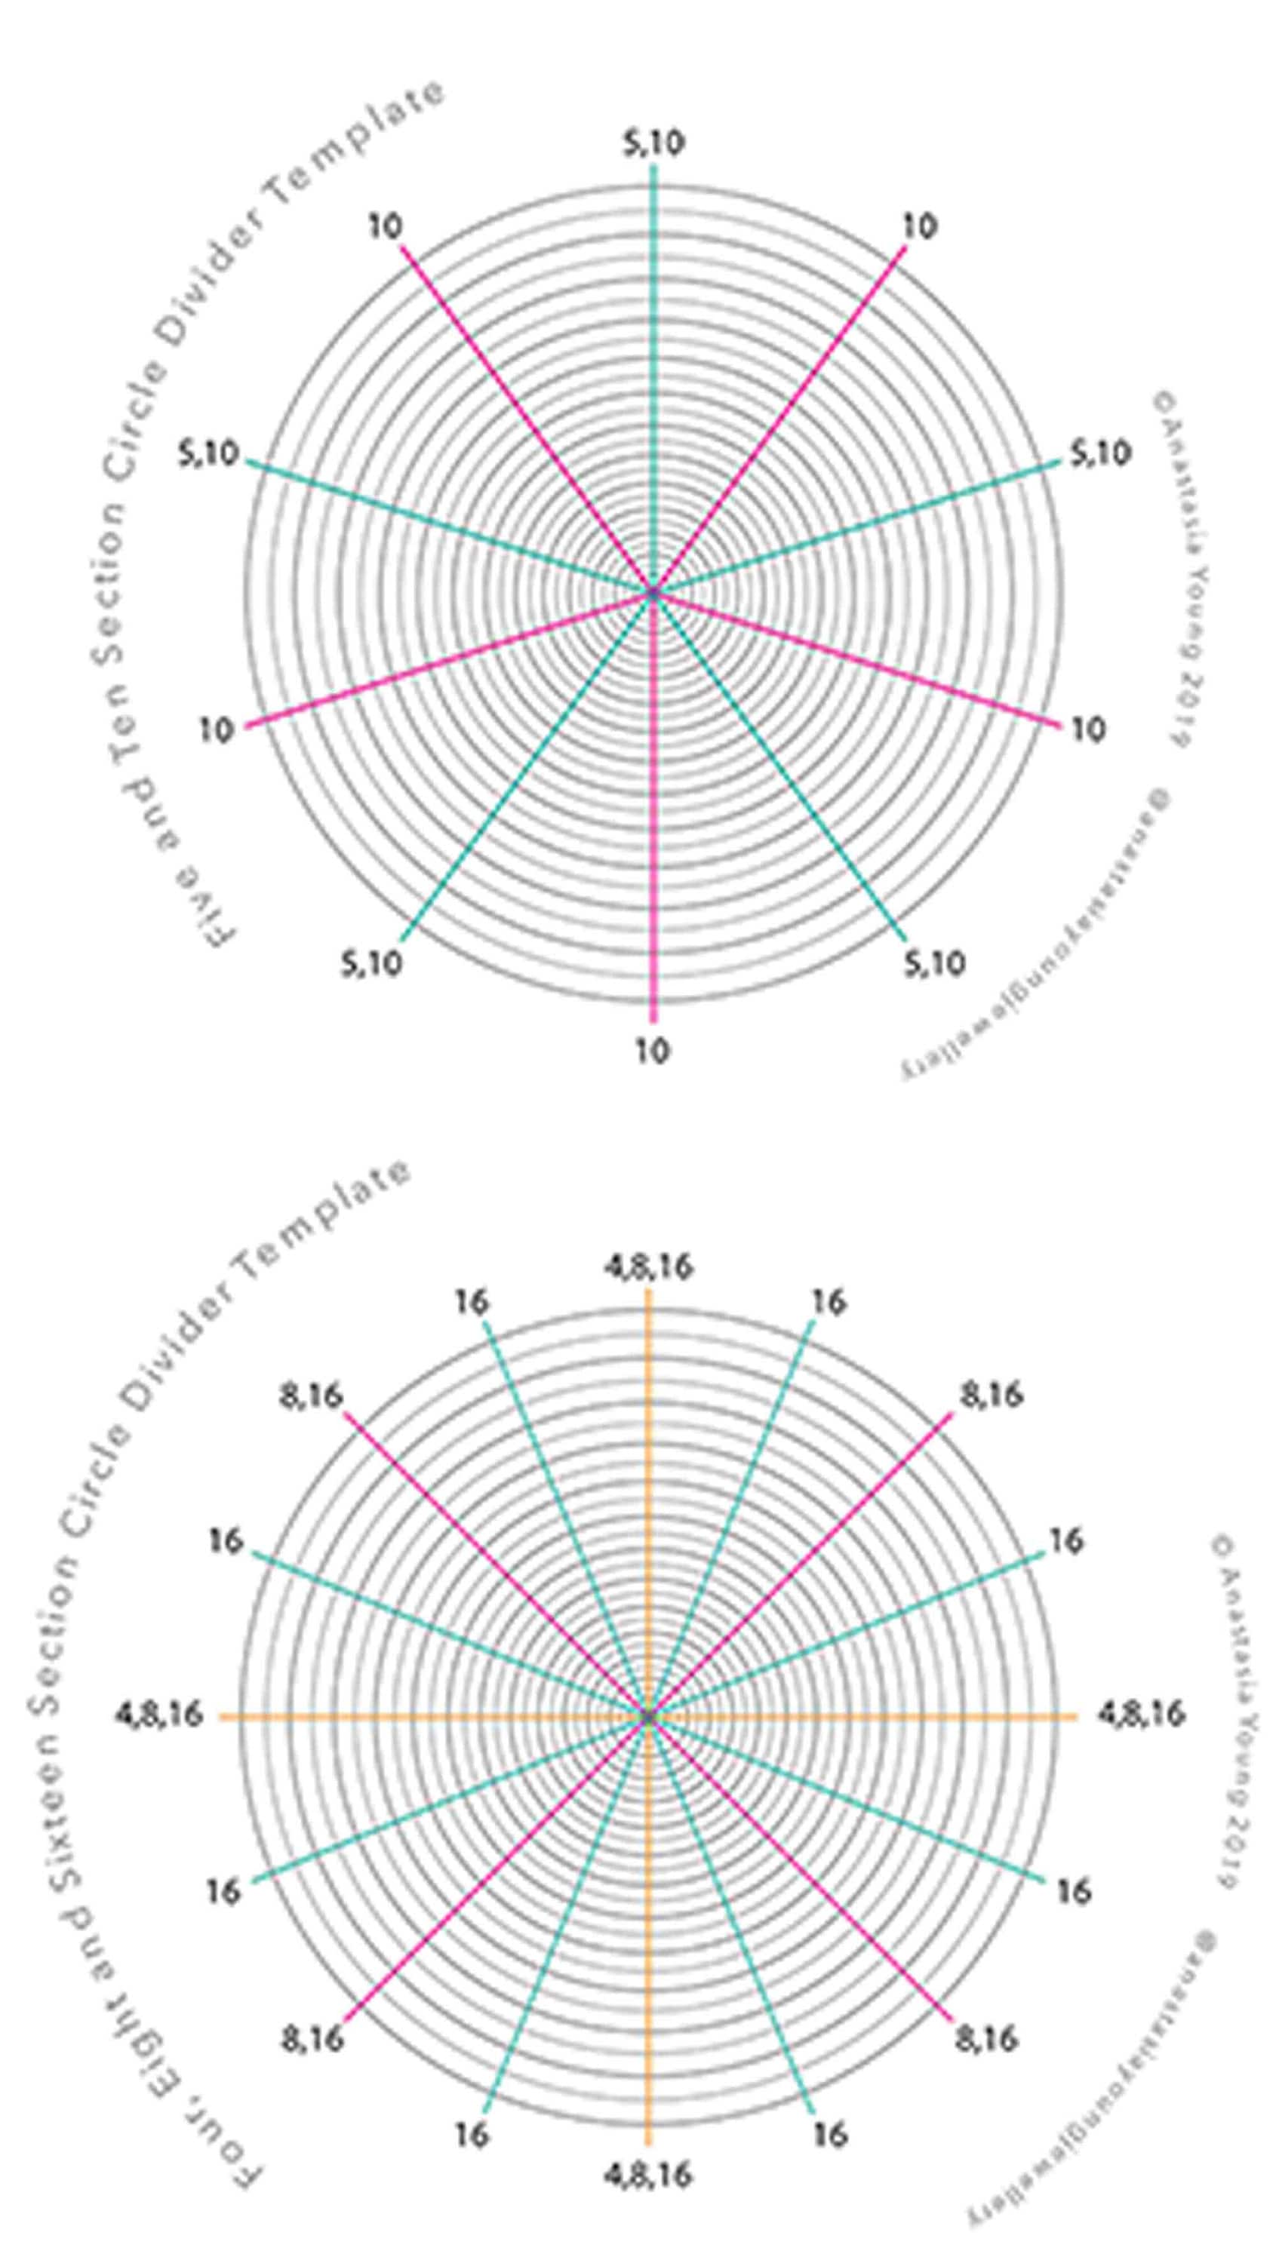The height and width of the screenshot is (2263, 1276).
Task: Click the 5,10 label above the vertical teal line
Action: click(x=653, y=144)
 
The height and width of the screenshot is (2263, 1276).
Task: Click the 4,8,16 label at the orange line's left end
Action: click(x=159, y=1715)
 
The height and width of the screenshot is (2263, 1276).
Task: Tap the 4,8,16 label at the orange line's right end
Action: click(x=1141, y=1715)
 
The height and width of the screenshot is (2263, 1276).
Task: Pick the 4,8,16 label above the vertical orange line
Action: click(x=647, y=1267)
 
